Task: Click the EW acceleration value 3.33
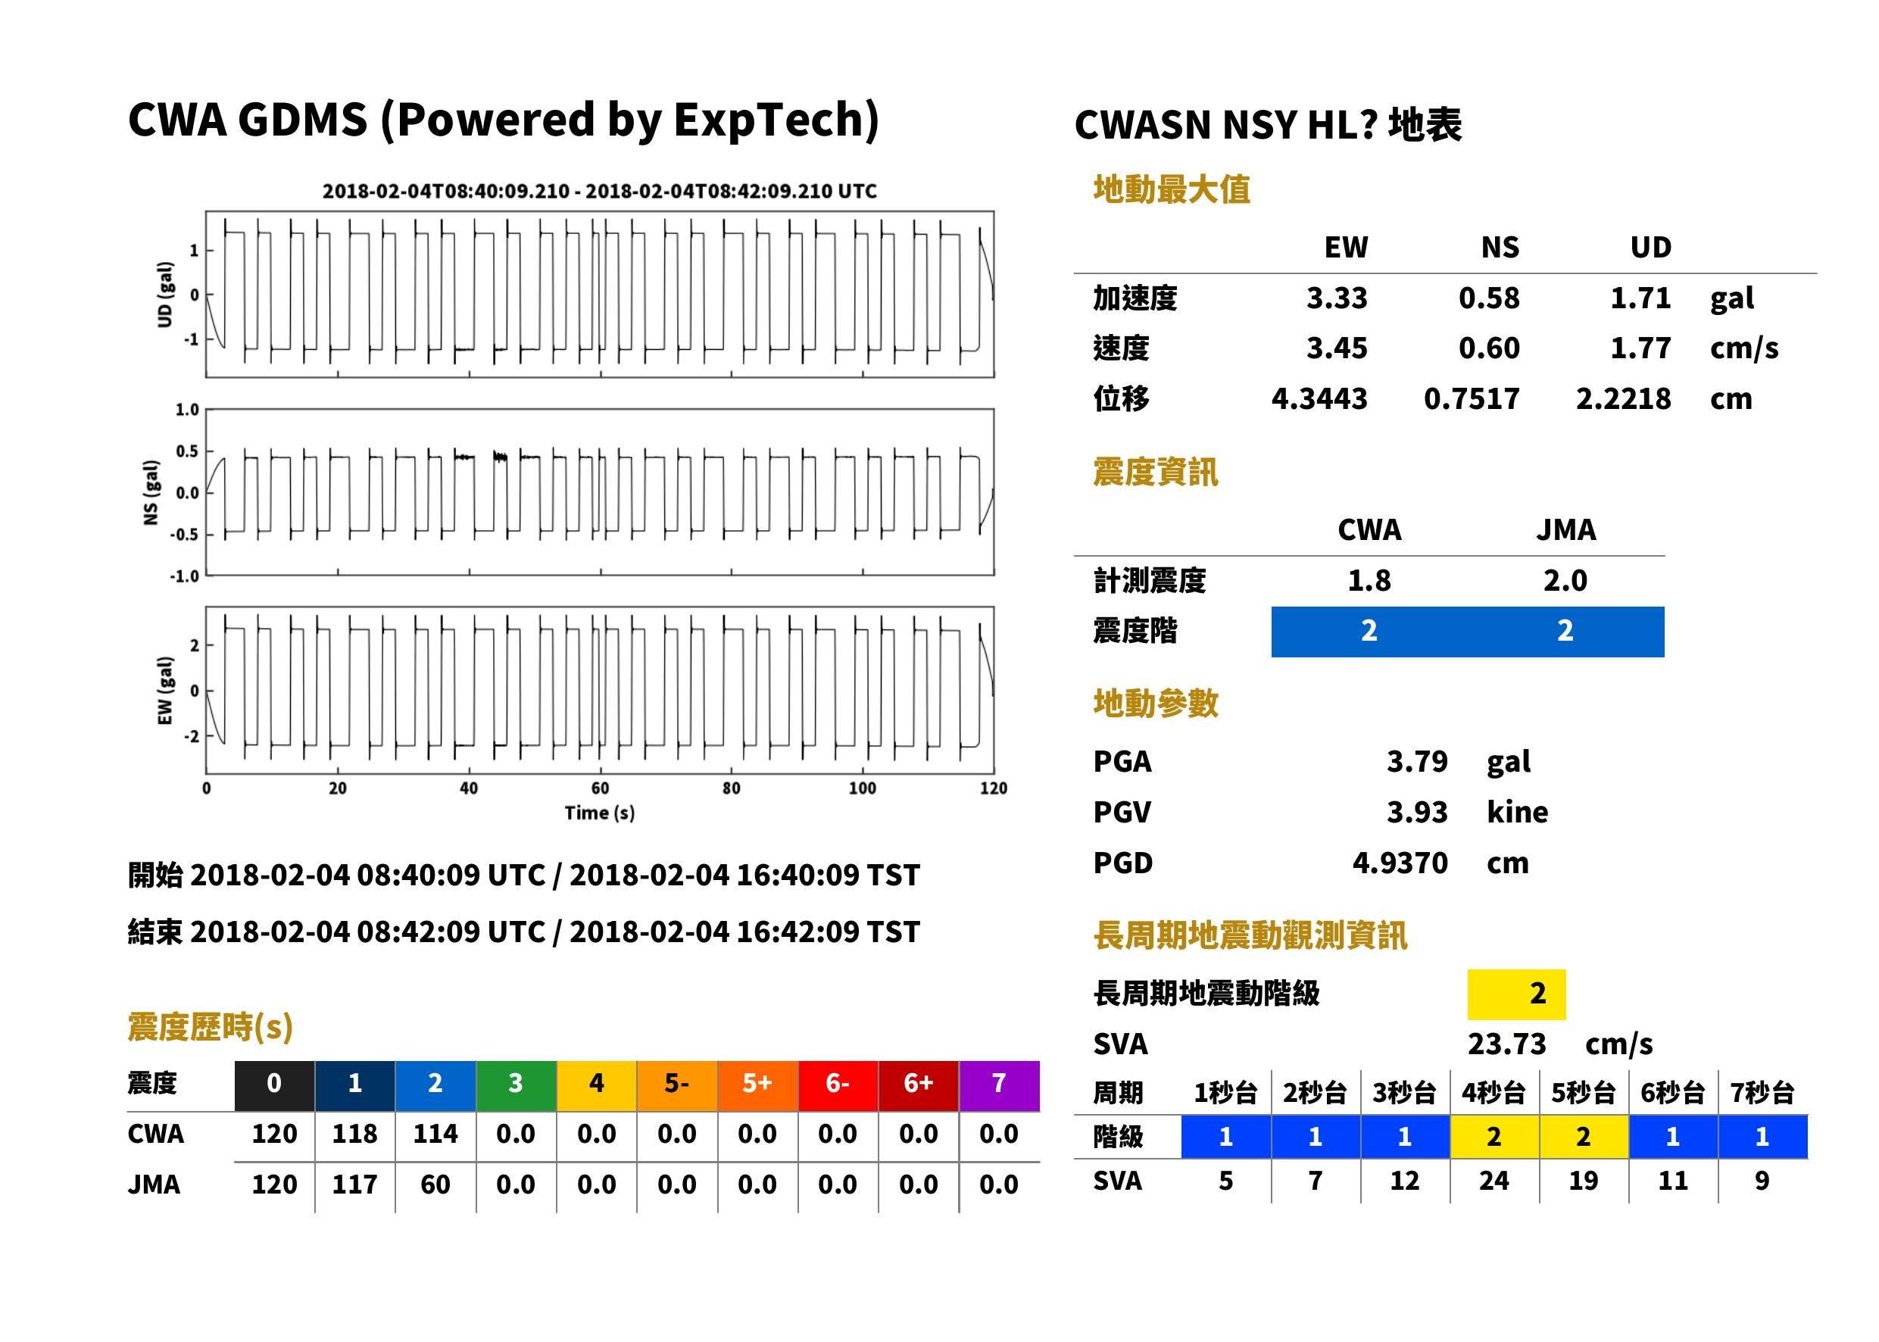pyautogui.click(x=1336, y=298)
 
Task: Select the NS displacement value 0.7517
pyautogui.click(x=1471, y=399)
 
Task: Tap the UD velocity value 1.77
pyautogui.click(x=1640, y=348)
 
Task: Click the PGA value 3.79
pyautogui.click(x=1417, y=761)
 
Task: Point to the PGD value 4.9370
pyautogui.click(x=1400, y=863)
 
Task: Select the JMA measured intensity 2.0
pyautogui.click(x=1565, y=581)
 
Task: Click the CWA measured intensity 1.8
pyautogui.click(x=1369, y=581)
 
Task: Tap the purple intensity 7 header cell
pyautogui.click(x=999, y=1085)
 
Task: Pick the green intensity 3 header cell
pyautogui.click(x=516, y=1085)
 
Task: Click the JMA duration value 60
pyautogui.click(x=435, y=1185)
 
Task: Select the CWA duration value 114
pyautogui.click(x=435, y=1134)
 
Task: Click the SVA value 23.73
pyautogui.click(x=1506, y=1044)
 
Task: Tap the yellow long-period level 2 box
pyautogui.click(x=1516, y=994)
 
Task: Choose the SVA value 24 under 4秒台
pyautogui.click(x=1494, y=1181)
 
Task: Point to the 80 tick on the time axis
pyautogui.click(x=732, y=788)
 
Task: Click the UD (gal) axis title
pyautogui.click(x=165, y=294)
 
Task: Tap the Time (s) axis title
pyautogui.click(x=600, y=813)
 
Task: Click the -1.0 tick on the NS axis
pyautogui.click(x=185, y=576)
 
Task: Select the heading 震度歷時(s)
pyautogui.click(x=211, y=1027)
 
